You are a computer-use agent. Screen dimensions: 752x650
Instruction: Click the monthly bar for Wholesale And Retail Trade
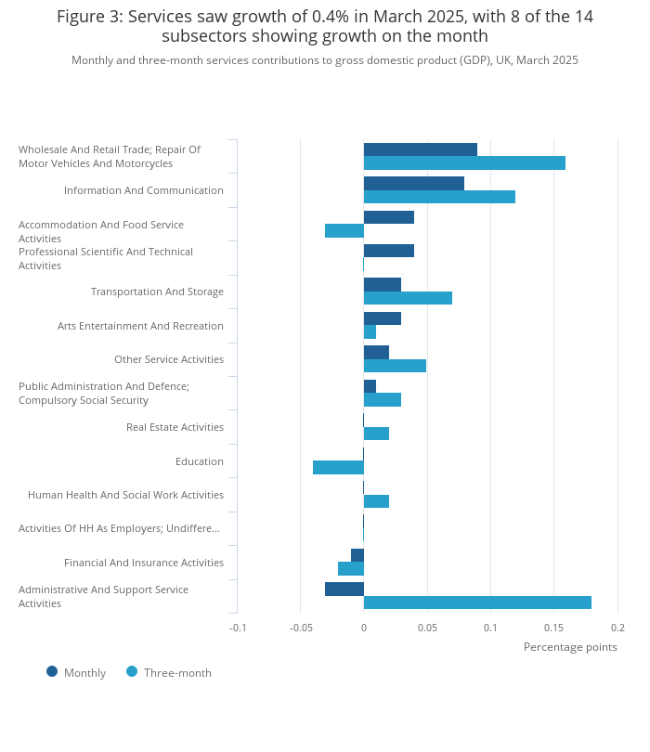pos(421,149)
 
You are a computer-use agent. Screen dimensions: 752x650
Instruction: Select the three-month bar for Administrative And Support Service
pos(477,603)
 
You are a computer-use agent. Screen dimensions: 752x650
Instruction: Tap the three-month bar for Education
pos(338,468)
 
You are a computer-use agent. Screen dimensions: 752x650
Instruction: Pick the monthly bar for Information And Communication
pos(414,183)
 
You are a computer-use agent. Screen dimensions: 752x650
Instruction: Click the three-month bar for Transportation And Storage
pos(408,298)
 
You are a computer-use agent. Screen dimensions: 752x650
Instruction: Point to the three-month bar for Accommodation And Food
pos(344,230)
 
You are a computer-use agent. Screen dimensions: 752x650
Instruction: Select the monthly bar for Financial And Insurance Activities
pos(357,555)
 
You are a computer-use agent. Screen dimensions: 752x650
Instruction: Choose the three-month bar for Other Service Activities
pos(395,366)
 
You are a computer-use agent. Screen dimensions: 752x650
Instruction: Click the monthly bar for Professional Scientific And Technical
pos(389,251)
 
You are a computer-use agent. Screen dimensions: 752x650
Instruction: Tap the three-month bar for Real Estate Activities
pos(376,434)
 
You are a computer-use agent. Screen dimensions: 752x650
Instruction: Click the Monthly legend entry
pos(84,673)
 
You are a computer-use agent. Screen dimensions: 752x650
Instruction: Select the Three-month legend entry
pos(176,673)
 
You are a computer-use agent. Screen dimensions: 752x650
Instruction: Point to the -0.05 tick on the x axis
pos(300,628)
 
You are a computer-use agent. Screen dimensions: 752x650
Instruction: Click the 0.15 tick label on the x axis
pos(553,628)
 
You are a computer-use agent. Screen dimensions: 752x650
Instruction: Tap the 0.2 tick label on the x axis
pos(617,628)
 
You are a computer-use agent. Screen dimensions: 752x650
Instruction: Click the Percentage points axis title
pos(570,647)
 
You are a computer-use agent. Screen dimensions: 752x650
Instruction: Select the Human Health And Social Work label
pos(125,495)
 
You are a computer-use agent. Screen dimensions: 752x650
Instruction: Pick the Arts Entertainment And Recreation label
pos(140,326)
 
